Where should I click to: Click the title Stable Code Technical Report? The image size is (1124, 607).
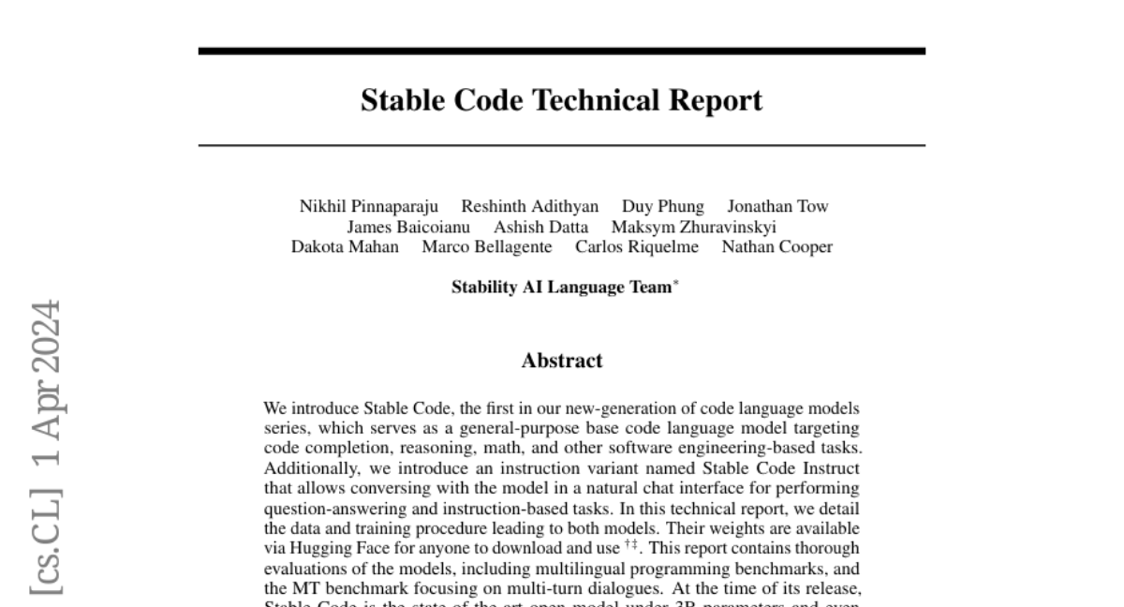coord(561,100)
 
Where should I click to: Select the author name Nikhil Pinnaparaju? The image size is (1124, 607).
coord(369,206)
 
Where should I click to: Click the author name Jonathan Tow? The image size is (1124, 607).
coord(777,206)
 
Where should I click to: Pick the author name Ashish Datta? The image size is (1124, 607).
coord(541,227)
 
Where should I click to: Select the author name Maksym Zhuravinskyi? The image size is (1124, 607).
coord(693,227)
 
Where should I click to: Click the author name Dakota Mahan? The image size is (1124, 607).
coord(345,247)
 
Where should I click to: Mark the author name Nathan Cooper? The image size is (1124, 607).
coord(776,247)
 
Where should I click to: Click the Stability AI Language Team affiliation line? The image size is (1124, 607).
coord(562,288)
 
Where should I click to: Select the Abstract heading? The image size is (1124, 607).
coord(562,361)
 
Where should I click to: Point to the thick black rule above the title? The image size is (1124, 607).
coord(561,51)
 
